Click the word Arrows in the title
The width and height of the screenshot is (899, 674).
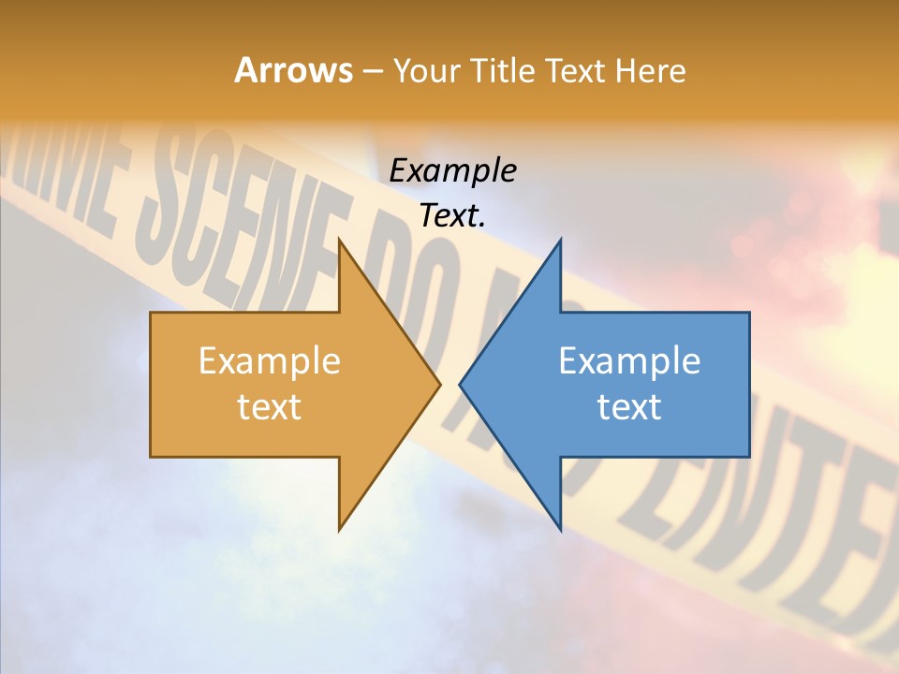[292, 70]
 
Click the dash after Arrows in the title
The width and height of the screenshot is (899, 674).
[372, 72]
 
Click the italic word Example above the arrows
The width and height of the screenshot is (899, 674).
[453, 171]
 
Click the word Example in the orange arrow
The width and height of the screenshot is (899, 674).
[270, 361]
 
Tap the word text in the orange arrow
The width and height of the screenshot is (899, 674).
[270, 407]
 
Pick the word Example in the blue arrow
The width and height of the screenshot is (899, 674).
[629, 361]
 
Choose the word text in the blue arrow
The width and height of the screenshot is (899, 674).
[629, 407]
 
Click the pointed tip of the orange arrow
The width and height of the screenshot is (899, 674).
[440, 384]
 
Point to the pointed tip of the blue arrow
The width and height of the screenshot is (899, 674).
[460, 384]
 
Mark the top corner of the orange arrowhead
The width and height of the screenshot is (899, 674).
[339, 240]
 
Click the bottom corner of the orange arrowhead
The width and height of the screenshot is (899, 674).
[339, 530]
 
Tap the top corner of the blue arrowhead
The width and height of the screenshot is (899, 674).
[560, 240]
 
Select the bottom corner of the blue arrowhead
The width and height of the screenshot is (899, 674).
[560, 530]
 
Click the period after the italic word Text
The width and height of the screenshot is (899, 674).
[482, 225]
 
